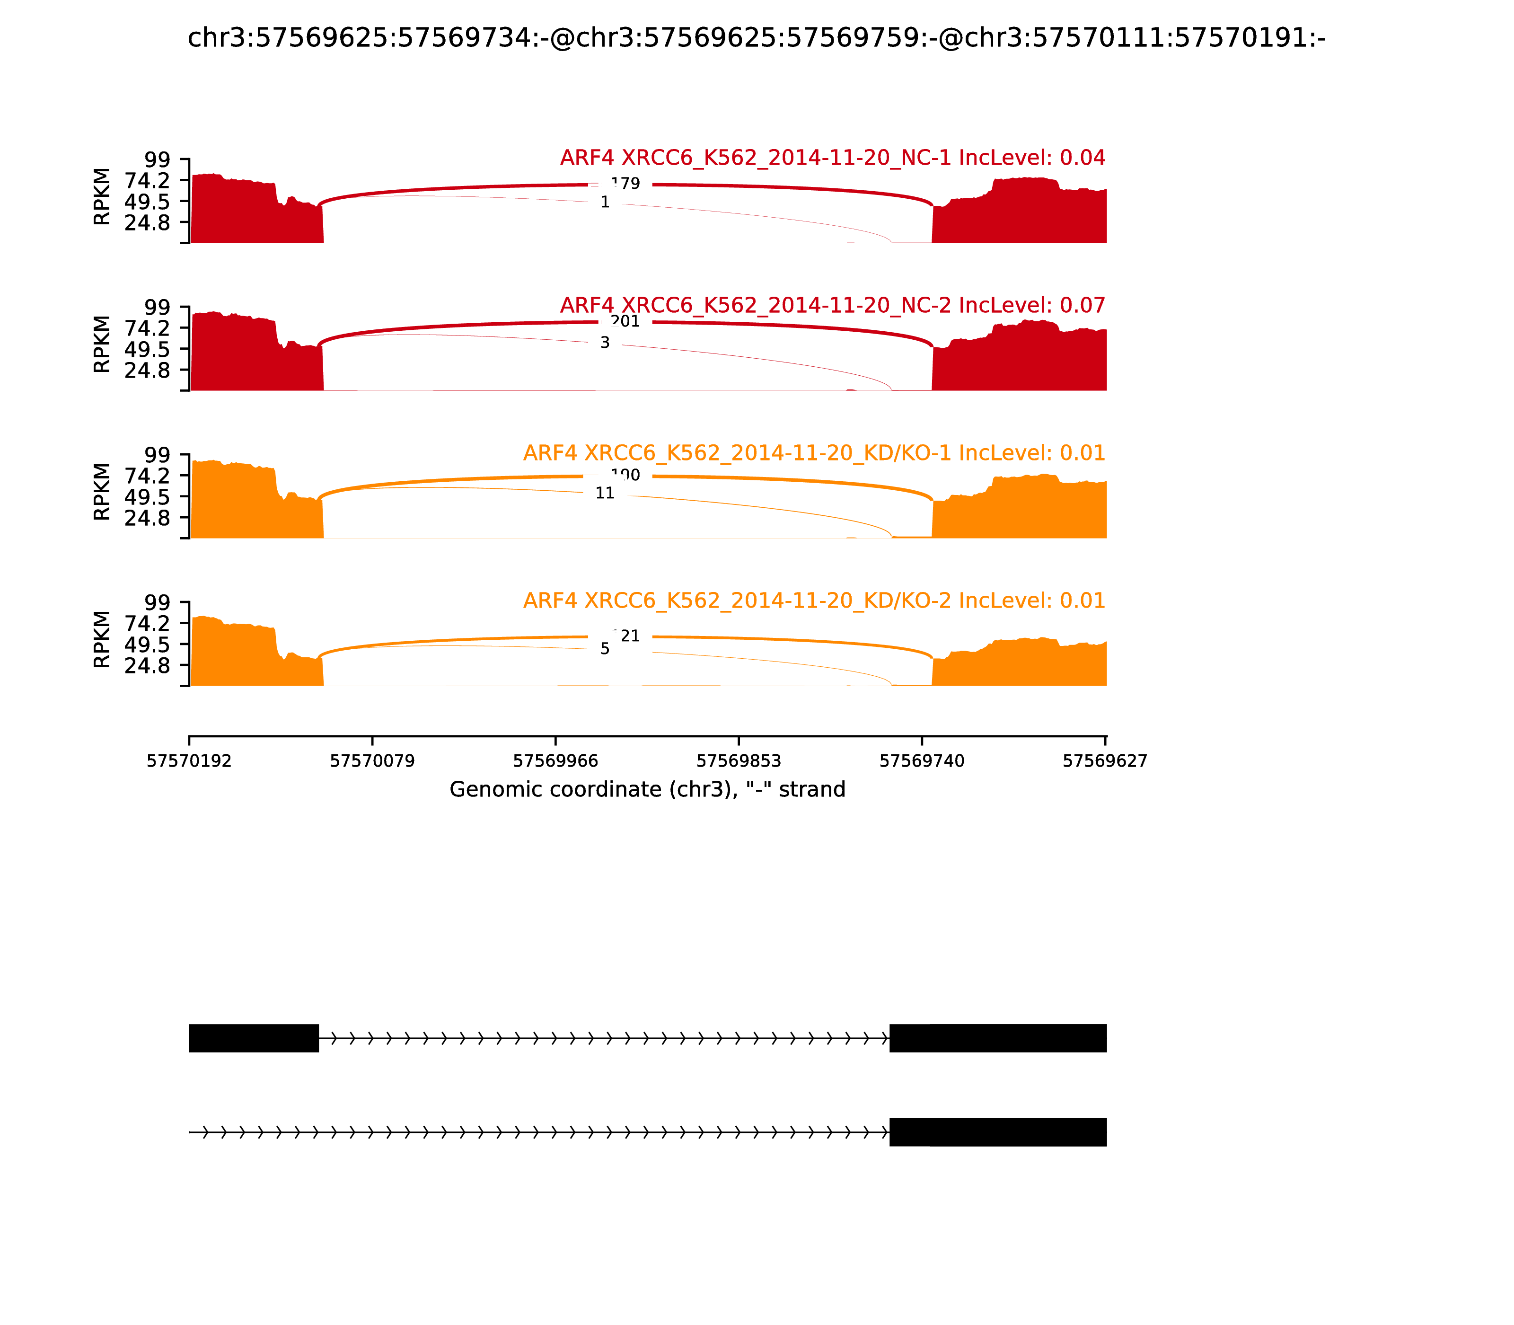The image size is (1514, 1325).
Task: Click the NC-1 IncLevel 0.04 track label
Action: click(832, 158)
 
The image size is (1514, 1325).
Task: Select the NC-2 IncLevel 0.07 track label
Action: click(832, 305)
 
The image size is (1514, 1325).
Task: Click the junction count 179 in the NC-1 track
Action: click(625, 184)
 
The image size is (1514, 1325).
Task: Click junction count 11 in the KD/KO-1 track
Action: click(605, 493)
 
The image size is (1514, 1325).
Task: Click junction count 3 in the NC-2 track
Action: click(605, 342)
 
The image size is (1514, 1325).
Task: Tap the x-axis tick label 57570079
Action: click(372, 761)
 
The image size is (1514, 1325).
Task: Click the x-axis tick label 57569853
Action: click(739, 761)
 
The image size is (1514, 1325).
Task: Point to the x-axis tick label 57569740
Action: click(922, 761)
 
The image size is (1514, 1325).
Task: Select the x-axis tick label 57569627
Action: click(1104, 761)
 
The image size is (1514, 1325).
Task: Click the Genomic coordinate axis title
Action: click(647, 790)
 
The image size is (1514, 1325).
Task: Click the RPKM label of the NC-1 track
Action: click(102, 197)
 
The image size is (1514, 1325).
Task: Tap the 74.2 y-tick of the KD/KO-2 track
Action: click(147, 623)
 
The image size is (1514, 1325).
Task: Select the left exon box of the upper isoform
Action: click(254, 1038)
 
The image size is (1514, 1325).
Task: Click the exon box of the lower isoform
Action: click(997, 1132)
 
